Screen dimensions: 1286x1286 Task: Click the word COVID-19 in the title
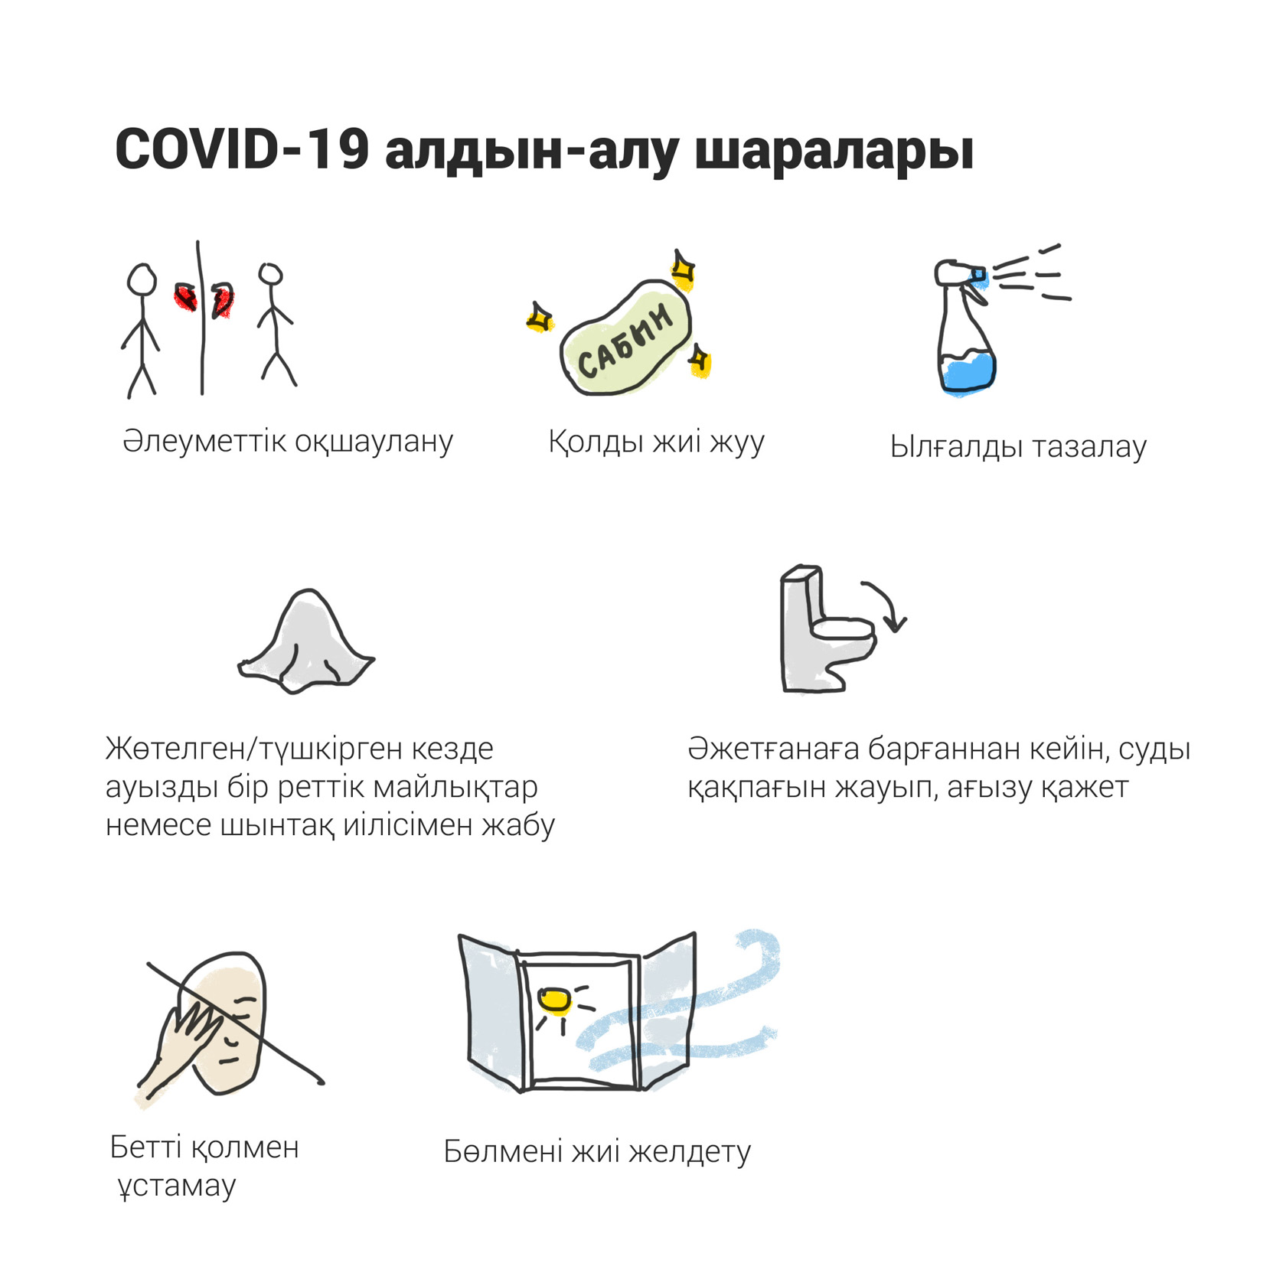point(242,149)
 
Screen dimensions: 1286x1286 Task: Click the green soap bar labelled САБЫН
point(626,339)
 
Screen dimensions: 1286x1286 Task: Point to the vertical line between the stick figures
point(201,318)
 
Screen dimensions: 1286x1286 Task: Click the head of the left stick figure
point(142,279)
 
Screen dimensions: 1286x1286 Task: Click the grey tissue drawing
point(306,643)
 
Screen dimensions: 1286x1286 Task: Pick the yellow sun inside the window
point(554,1000)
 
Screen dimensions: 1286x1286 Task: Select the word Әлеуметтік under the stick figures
point(204,442)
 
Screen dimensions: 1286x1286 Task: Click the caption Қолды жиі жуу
point(656,442)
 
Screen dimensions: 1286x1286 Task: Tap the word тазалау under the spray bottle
point(1089,447)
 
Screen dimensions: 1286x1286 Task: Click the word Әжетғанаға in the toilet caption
point(773,749)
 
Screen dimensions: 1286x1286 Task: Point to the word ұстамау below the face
point(177,1186)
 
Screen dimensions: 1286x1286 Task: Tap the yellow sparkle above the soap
point(683,270)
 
